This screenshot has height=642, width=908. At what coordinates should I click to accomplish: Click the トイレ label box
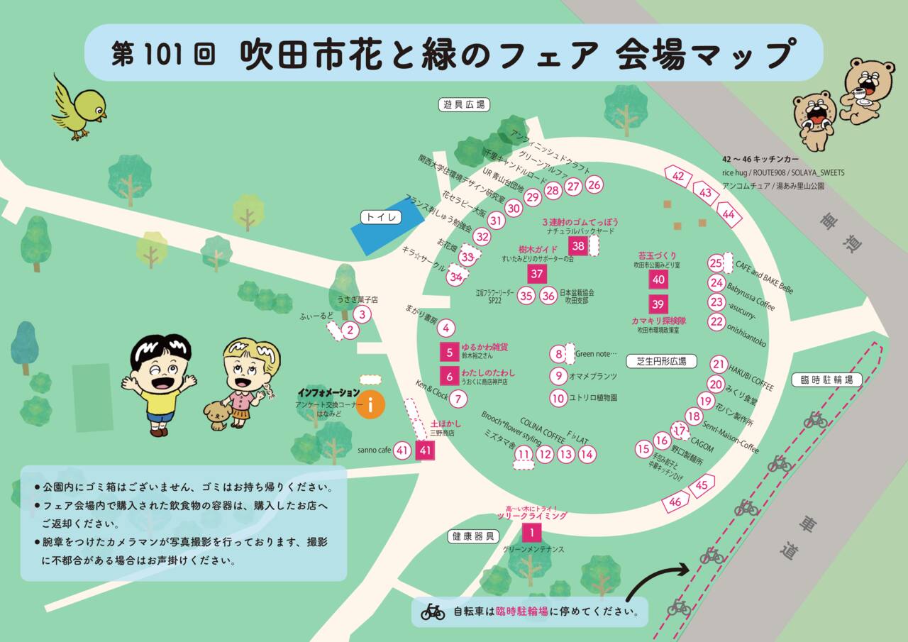(x=381, y=216)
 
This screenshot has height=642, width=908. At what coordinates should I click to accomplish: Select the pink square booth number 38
(x=579, y=246)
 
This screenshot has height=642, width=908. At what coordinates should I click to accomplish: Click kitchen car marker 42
(x=679, y=176)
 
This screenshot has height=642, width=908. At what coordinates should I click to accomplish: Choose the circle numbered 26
(x=594, y=185)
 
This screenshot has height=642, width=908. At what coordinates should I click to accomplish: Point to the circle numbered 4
(x=445, y=328)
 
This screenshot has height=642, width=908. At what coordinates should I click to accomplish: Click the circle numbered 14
(x=587, y=455)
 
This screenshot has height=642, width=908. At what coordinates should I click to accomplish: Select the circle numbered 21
(x=719, y=365)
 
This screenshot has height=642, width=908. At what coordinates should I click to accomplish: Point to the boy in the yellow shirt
(x=159, y=384)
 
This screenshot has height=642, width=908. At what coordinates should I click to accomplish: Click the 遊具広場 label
(x=464, y=105)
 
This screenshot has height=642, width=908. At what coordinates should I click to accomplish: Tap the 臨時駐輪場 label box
(x=826, y=380)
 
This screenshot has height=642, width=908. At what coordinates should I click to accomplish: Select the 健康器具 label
(x=474, y=536)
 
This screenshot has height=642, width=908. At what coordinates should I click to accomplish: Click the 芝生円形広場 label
(x=661, y=361)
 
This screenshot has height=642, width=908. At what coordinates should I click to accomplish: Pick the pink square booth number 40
(x=658, y=280)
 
